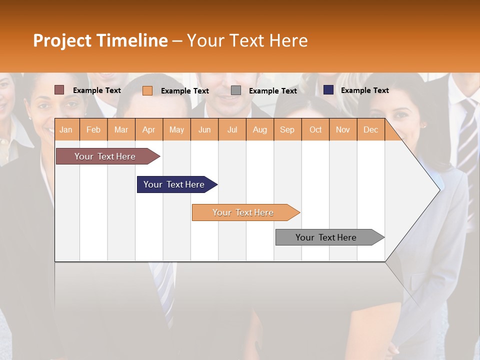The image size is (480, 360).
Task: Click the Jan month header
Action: [66, 129]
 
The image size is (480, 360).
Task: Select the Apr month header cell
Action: [149, 129]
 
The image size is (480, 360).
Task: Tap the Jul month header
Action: [232, 129]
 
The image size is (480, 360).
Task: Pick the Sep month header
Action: [287, 129]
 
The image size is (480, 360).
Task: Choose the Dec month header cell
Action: [370, 129]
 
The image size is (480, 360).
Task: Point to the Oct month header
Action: [315, 129]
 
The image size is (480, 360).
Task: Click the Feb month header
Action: [93, 129]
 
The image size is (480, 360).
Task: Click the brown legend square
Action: [59, 90]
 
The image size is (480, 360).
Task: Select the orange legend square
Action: [147, 90]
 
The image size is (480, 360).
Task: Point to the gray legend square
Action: [236, 90]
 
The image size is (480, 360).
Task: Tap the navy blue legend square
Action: [328, 90]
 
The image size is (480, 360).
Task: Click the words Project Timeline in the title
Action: [100, 40]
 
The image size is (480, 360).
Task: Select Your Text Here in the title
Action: [247, 40]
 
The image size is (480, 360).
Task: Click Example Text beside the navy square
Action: [364, 90]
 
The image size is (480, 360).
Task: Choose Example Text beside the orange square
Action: [184, 91]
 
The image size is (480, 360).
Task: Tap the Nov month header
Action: [342, 129]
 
